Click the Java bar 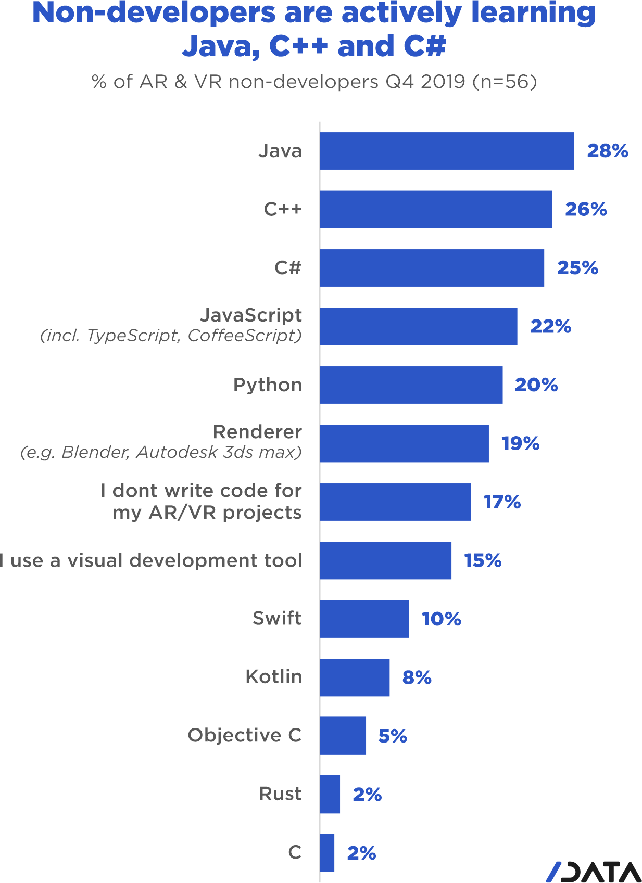tap(447, 151)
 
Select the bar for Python tap(411, 385)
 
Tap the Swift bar tap(364, 619)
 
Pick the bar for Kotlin tap(355, 677)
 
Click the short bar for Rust tap(330, 795)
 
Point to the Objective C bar tap(343, 736)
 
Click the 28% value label tap(607, 151)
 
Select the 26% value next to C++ tap(586, 210)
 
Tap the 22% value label tap(550, 327)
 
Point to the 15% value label tap(483, 561)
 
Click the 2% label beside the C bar tap(361, 853)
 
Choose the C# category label tap(288, 268)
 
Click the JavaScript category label tap(251, 315)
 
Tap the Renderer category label tap(257, 432)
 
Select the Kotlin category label tap(273, 677)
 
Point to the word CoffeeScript tap(244, 336)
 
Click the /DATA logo tap(594, 872)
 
